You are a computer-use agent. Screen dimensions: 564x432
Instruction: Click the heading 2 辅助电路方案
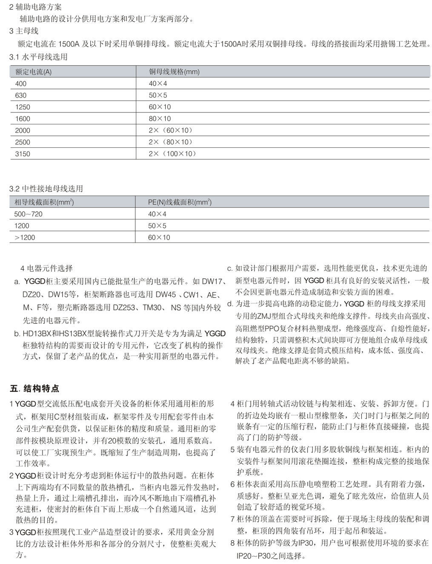tap(35, 7)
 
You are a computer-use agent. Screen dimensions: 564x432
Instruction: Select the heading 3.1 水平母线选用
tap(38, 57)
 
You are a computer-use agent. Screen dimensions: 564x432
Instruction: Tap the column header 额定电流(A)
tap(33, 72)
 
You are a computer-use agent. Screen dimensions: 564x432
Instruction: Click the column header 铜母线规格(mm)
tap(174, 72)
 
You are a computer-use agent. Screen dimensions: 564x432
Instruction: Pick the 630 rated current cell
tap(21, 95)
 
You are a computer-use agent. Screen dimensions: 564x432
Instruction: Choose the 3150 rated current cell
tap(23, 154)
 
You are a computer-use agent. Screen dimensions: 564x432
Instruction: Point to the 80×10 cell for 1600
tap(160, 119)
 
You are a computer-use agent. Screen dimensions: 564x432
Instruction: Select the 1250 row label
tap(23, 107)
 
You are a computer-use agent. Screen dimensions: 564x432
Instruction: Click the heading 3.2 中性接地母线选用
tap(46, 189)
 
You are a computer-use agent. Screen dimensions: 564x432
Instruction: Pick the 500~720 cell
tap(28, 214)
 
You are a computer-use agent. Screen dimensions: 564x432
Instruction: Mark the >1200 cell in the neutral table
tap(25, 238)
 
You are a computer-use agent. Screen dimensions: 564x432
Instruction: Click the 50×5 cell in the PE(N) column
tap(157, 226)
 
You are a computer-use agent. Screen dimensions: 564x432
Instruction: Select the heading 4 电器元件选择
tap(46, 268)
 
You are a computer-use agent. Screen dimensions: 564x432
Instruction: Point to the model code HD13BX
tap(38, 334)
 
